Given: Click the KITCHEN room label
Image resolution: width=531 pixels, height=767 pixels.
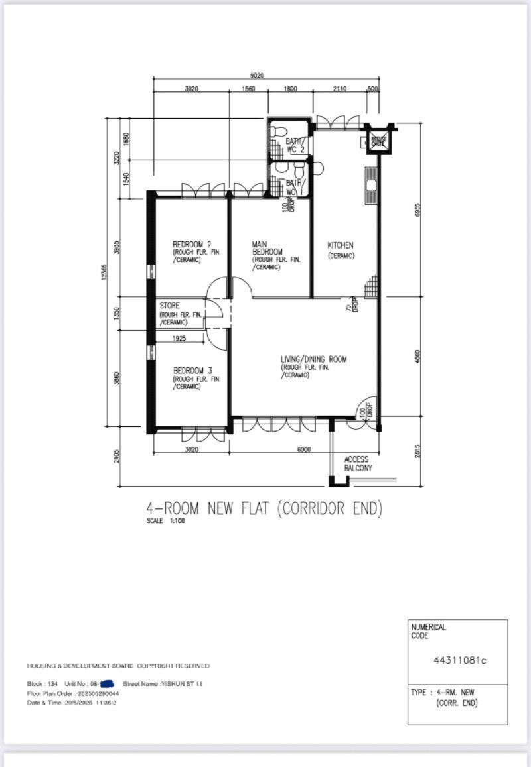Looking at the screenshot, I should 341,245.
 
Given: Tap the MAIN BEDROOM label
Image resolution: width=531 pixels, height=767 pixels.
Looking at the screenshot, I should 267,252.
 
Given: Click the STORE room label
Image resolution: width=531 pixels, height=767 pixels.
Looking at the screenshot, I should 170,306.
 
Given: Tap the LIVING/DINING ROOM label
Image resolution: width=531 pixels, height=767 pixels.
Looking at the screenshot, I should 314,359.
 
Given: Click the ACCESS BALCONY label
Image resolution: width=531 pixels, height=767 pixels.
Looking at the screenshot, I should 358,463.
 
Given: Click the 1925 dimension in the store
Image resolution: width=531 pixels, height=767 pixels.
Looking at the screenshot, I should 179,339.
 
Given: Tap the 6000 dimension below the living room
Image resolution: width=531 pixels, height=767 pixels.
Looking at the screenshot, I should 304,449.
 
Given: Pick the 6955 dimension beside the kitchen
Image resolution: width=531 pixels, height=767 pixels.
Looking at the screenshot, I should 418,209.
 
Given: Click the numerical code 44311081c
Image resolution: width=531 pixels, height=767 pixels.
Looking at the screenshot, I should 459,660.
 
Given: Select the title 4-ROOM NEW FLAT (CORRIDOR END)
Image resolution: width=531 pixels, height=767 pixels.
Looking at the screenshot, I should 264,508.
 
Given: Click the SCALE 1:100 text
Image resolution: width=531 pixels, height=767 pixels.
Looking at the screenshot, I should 166,522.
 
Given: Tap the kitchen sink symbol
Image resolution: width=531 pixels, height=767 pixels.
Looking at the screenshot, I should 370,185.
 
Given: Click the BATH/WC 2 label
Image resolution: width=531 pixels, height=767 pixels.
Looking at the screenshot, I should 295,146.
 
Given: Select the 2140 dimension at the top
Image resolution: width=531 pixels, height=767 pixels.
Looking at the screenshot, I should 339,88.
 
